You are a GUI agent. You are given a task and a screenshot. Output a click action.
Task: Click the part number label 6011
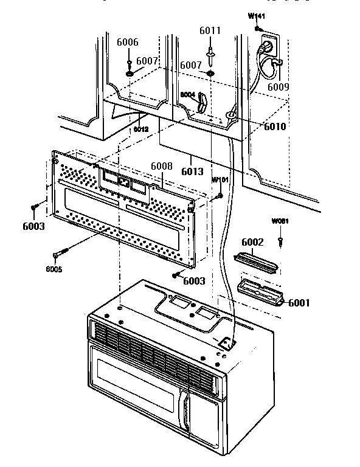pyautogui.click(x=210, y=30)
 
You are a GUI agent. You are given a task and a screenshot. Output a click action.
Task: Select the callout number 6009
pyautogui.click(x=279, y=86)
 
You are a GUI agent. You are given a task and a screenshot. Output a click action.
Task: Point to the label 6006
pyautogui.click(x=128, y=42)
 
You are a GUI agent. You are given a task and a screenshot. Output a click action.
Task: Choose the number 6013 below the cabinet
pyautogui.click(x=192, y=171)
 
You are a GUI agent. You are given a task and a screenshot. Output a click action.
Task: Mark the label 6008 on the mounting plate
pyautogui.click(x=162, y=167)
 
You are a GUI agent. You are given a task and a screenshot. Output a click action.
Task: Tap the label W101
pyautogui.click(x=220, y=181)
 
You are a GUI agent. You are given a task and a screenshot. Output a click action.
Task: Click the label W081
pyautogui.click(x=280, y=221)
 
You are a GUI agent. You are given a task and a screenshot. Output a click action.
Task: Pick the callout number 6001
pyautogui.click(x=299, y=303)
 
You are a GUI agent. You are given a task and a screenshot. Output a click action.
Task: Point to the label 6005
pyautogui.click(x=53, y=269)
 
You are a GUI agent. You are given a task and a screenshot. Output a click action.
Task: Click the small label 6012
pyautogui.click(x=141, y=130)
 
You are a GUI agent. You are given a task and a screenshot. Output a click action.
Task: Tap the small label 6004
pyautogui.click(x=187, y=95)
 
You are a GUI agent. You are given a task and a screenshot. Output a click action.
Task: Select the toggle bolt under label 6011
pyautogui.click(x=210, y=53)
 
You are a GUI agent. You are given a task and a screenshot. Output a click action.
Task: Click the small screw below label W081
pyautogui.click(x=280, y=242)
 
